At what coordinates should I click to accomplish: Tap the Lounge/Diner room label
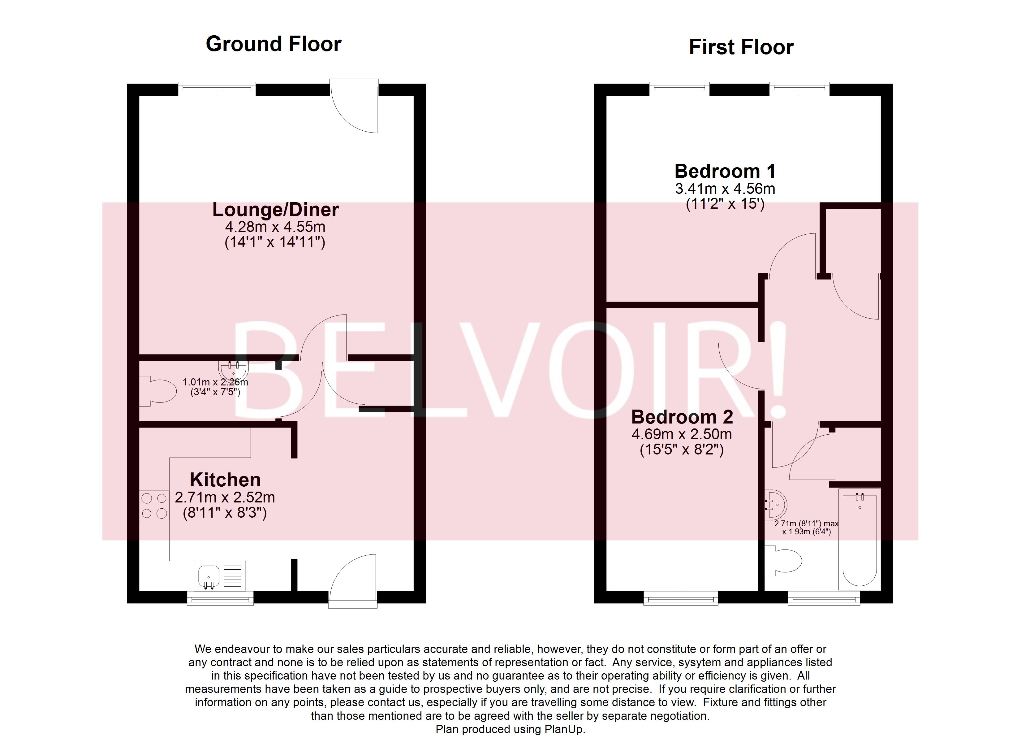click(x=275, y=210)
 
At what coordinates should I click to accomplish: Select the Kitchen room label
click(x=225, y=480)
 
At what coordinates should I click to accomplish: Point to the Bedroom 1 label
click(x=725, y=171)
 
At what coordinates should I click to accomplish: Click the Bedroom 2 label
click(x=682, y=417)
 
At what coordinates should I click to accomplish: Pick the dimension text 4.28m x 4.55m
click(x=275, y=226)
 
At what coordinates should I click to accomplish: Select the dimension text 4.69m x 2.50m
click(x=682, y=434)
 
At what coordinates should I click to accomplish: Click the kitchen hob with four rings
click(x=154, y=506)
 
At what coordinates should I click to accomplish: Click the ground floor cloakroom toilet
click(x=157, y=391)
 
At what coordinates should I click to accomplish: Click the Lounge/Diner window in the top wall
click(x=217, y=89)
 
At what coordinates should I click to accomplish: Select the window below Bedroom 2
click(x=681, y=598)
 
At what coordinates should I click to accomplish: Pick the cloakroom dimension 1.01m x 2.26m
click(x=215, y=382)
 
